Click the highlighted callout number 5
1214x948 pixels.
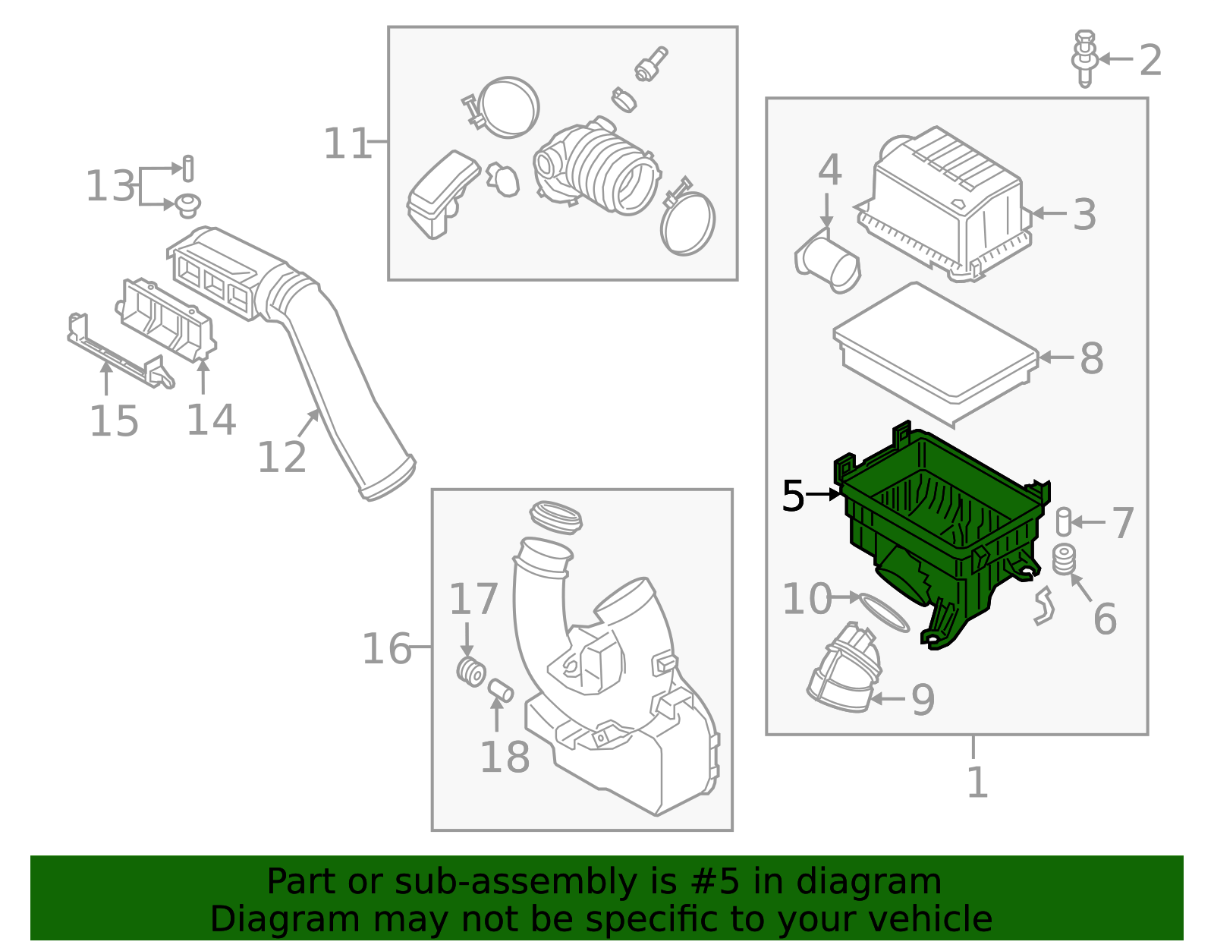[793, 496]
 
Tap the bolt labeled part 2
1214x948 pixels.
[1085, 58]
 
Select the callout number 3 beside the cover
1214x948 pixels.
[1085, 215]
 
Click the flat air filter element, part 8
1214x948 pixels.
[936, 351]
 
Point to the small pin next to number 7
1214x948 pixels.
[1063, 521]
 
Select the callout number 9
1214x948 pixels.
[923, 700]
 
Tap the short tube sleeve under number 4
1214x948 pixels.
[828, 263]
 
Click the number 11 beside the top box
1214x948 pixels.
[348, 143]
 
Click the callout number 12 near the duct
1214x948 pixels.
[281, 457]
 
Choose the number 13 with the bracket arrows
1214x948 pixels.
[109, 186]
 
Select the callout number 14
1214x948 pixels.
[211, 420]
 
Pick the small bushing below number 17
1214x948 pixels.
[471, 672]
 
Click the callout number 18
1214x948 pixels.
[505, 757]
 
